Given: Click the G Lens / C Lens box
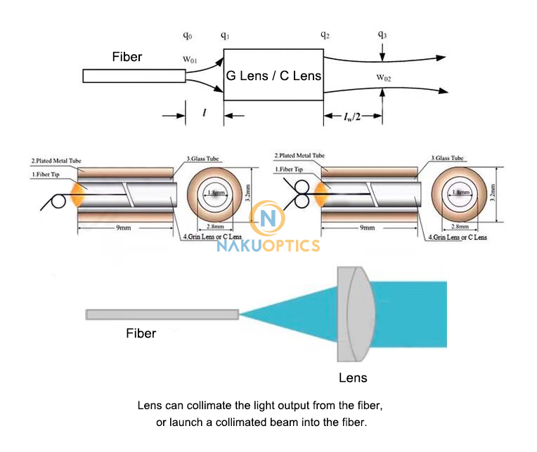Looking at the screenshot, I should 273,75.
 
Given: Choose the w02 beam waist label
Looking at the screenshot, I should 384,77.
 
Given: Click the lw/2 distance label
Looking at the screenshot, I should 351,116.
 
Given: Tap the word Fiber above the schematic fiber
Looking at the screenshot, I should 127,57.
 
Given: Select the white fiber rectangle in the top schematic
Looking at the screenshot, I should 134,76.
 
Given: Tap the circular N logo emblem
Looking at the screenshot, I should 267,219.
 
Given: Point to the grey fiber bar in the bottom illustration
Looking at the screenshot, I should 162,314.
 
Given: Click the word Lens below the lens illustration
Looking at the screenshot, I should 353,378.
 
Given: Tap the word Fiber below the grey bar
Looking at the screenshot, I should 141,333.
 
